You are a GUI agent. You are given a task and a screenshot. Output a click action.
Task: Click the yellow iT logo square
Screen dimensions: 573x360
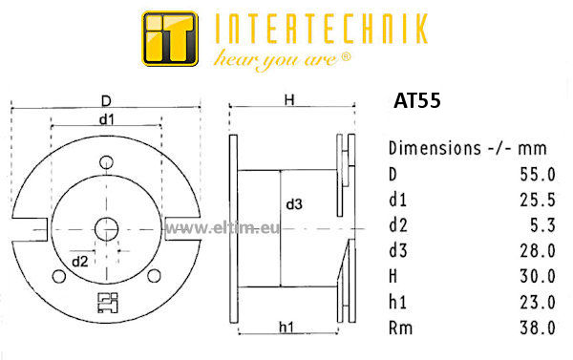(170, 39)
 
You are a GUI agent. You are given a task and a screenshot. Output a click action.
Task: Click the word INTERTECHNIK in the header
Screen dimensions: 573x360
(322, 30)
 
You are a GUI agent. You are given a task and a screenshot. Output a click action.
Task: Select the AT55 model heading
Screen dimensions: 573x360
(417, 100)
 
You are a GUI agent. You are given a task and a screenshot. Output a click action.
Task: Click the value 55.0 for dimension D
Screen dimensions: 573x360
(538, 175)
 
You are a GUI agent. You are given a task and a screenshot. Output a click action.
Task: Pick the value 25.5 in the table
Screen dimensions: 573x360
(538, 200)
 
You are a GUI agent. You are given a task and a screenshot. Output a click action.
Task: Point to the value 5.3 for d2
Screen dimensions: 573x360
(542, 225)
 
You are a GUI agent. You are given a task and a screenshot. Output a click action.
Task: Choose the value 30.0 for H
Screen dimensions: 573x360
(538, 276)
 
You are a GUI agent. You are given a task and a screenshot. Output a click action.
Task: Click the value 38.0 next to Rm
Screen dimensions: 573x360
(538, 328)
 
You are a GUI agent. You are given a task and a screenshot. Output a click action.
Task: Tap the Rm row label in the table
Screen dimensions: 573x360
(400, 328)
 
